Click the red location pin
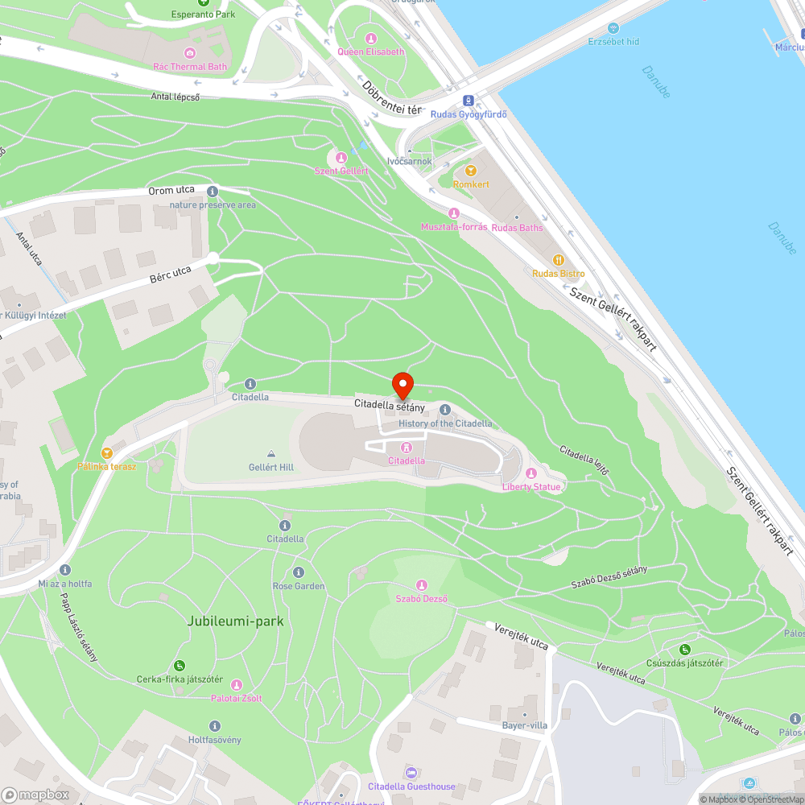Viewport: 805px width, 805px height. tap(402, 385)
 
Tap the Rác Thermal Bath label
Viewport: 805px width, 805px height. tap(190, 67)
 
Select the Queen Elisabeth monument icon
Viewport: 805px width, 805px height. tap(371, 39)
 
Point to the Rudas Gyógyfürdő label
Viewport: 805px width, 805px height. tap(469, 114)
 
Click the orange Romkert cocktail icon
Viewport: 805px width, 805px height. tap(471, 171)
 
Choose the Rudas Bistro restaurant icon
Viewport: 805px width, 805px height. tap(558, 260)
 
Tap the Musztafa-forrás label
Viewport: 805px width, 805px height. tap(454, 227)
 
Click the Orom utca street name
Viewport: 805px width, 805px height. tap(171, 191)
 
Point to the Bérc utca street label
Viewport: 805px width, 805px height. tap(171, 275)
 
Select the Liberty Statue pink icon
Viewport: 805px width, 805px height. tap(530, 473)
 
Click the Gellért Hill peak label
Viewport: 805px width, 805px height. tap(271, 467)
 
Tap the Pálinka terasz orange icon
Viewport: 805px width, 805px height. tap(106, 453)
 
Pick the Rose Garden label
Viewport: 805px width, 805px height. tap(299, 586)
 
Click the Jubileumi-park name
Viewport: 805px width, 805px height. tap(235, 621)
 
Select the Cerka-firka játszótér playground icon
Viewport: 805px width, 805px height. tap(179, 666)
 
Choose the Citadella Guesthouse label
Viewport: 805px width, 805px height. tap(411, 786)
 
